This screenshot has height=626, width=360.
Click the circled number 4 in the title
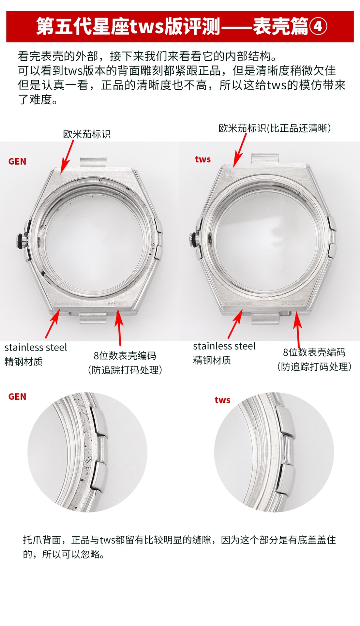point(318,26)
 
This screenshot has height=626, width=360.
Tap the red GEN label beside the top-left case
point(17,161)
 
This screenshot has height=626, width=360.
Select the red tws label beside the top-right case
point(203,159)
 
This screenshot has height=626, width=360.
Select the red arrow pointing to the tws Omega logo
point(241,150)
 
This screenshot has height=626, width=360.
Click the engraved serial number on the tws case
point(292,303)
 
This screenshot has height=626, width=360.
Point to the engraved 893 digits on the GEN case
point(112,303)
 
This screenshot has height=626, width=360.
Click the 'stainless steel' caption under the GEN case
point(36,348)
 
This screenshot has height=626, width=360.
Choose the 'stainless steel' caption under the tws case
point(224,346)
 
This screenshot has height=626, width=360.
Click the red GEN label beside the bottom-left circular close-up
point(17,396)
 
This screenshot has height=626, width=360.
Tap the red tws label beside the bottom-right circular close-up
point(222,400)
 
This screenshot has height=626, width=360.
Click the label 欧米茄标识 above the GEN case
point(87,134)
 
